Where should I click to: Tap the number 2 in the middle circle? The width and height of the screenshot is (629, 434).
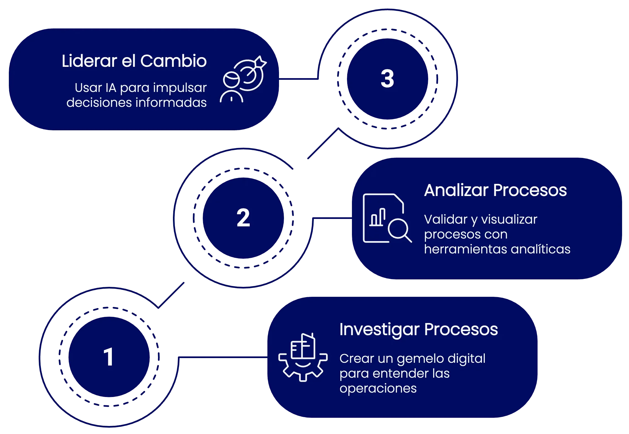[x=243, y=218]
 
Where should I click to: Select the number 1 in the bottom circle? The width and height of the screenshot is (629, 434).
[x=108, y=357]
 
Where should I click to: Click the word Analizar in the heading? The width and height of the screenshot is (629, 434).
[x=456, y=190]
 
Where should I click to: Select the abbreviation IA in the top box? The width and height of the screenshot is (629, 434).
[x=111, y=88]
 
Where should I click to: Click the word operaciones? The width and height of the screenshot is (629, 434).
[x=378, y=388]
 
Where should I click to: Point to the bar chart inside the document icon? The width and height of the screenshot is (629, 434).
[x=378, y=218]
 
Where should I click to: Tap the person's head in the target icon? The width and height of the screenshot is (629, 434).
[x=231, y=80]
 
